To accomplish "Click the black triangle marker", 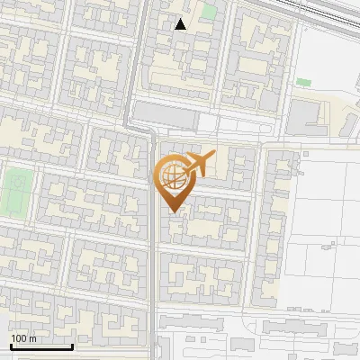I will pyautogui.click(x=181, y=24).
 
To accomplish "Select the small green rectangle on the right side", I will pyautogui.click(x=303, y=82).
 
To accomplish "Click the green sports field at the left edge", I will pyautogui.click(x=15, y=189).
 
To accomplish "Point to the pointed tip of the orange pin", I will pyautogui.click(x=171, y=211).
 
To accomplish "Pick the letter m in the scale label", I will pyautogui.click(x=32, y=338).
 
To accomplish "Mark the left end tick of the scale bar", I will pyautogui.click(x=11, y=346).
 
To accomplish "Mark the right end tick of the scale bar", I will pyautogui.click(x=72, y=346).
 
